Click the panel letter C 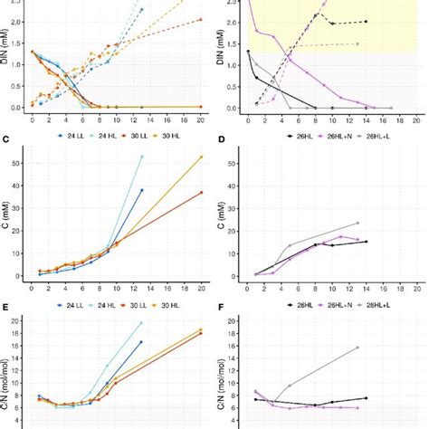6,138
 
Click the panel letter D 224,138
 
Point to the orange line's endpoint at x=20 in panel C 201,157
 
